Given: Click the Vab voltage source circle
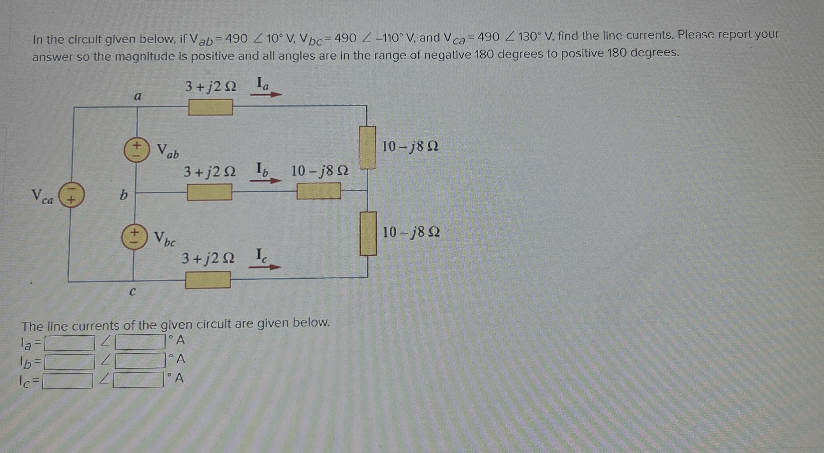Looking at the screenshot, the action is click(x=137, y=150).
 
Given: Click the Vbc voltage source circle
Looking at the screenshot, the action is click(x=134, y=236).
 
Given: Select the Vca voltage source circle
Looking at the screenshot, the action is click(x=71, y=195).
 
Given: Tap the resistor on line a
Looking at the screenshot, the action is click(x=211, y=107).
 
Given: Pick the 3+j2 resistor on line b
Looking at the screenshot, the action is click(x=209, y=192).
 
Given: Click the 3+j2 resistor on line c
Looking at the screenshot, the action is click(x=208, y=280).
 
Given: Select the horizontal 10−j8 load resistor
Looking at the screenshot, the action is click(x=319, y=191).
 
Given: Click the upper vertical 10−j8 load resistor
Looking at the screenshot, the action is click(x=368, y=148).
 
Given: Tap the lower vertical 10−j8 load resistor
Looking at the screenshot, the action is click(x=368, y=233).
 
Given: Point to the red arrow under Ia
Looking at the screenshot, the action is click(x=266, y=94).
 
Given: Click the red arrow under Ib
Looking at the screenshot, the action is click(x=265, y=181).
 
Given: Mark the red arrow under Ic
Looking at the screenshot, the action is click(x=265, y=267).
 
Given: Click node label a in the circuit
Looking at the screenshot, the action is click(x=138, y=96).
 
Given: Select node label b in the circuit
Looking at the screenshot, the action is click(x=123, y=195).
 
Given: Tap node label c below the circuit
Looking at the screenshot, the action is click(x=132, y=291).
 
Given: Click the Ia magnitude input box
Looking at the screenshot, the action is click(x=69, y=343).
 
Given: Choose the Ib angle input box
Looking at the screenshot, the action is click(x=140, y=361).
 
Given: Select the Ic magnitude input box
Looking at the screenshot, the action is click(x=67, y=381).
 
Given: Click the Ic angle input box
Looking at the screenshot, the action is click(x=138, y=380).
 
